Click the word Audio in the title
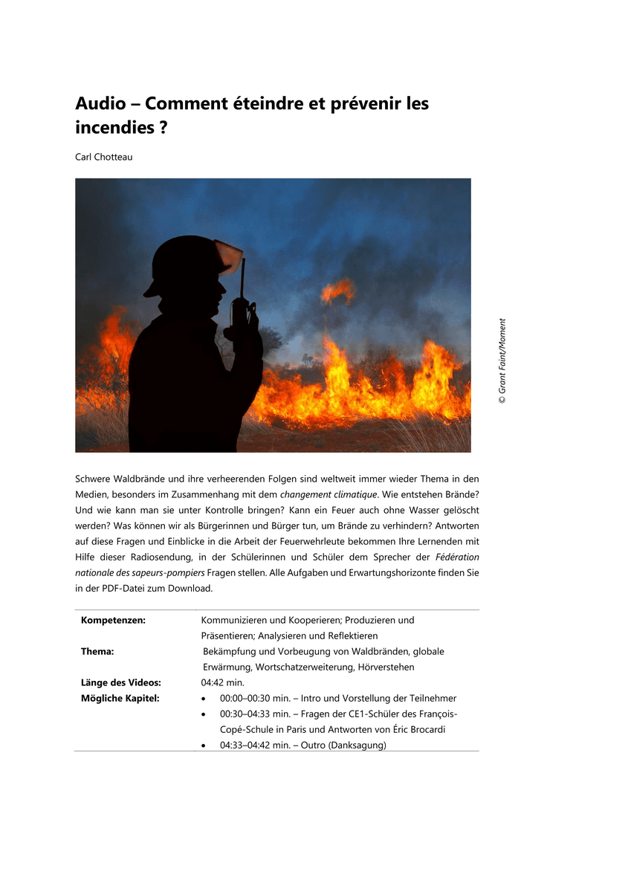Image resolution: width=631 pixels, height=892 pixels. click(x=100, y=104)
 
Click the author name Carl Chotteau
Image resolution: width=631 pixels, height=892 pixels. click(x=103, y=157)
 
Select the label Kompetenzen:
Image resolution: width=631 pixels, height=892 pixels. click(x=112, y=620)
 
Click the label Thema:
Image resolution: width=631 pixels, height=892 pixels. click(x=97, y=651)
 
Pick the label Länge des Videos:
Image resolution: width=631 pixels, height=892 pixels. click(x=121, y=682)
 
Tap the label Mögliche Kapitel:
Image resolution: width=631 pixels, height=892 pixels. click(x=120, y=698)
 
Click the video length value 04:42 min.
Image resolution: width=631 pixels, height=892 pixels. click(x=223, y=682)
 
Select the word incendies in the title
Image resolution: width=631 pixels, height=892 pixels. click(x=115, y=127)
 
